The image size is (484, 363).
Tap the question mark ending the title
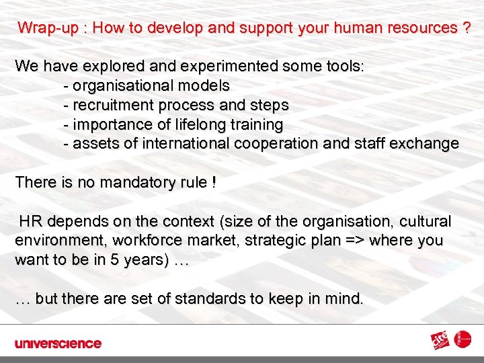pos(466,28)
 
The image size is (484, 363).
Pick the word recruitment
pos(111,106)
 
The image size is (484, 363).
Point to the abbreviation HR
pos(30,222)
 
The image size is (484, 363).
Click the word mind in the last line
pos(345,298)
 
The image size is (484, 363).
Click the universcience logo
pos(58,344)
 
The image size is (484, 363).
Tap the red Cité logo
pos(442,342)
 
